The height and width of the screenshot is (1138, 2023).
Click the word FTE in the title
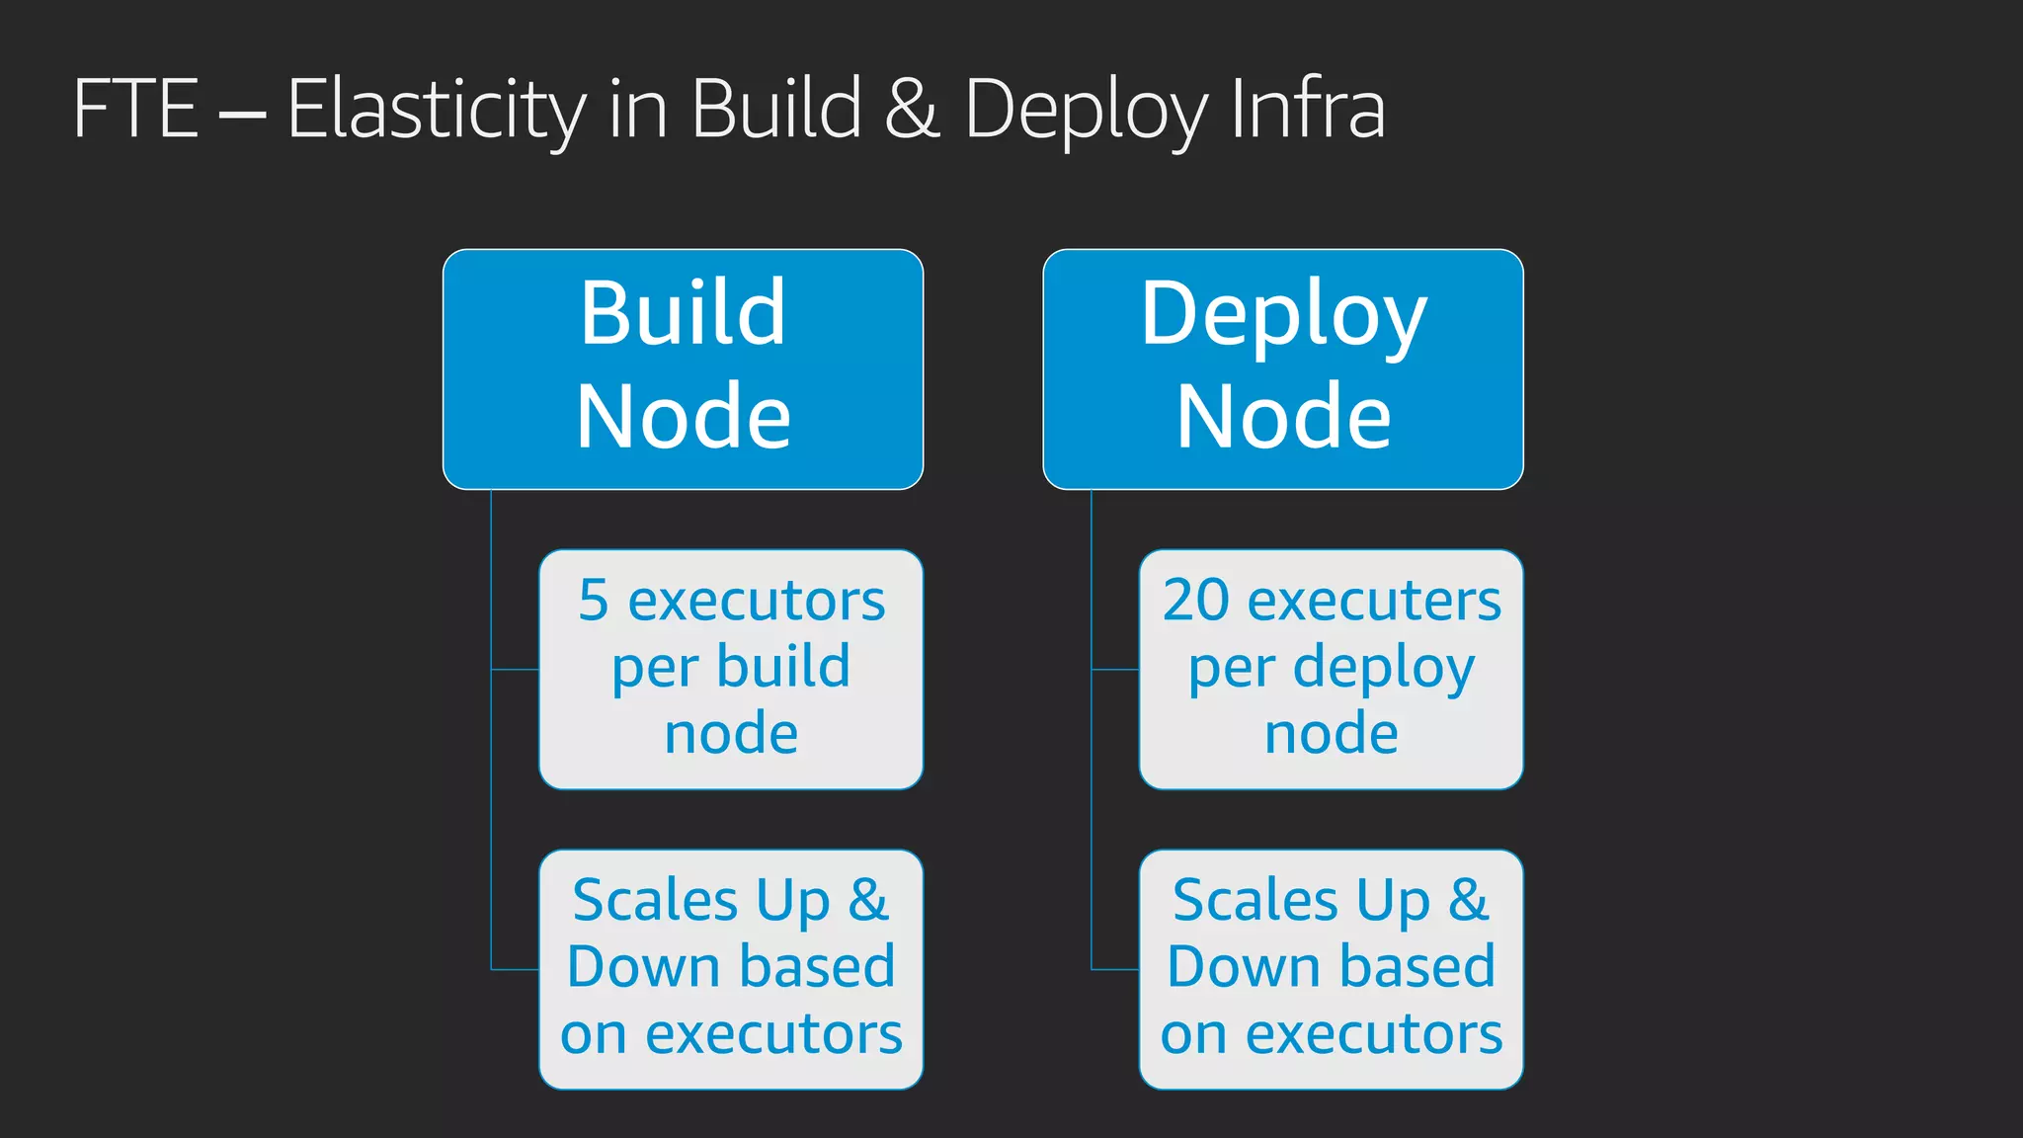tap(136, 109)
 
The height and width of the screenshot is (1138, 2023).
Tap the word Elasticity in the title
tap(437, 111)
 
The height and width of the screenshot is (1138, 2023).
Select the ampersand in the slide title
tap(911, 109)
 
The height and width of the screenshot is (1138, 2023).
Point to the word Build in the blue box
tap(683, 313)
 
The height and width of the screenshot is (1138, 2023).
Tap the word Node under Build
tap(683, 417)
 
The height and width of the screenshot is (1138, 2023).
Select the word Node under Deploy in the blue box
tap(1283, 417)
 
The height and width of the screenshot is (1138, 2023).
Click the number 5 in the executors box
tap(594, 601)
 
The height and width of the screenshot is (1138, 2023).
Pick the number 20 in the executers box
tap(1195, 601)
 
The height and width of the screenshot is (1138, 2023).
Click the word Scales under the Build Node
tap(655, 901)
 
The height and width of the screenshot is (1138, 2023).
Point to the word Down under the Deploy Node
tap(1233, 967)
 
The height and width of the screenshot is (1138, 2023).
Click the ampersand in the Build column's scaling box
tap(868, 900)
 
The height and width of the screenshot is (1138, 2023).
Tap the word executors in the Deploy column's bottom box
tap(1374, 1034)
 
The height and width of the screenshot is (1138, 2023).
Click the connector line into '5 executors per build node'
tap(515, 670)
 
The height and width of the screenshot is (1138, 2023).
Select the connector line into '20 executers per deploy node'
tap(1115, 670)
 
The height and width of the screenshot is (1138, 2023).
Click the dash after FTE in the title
tap(242, 113)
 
